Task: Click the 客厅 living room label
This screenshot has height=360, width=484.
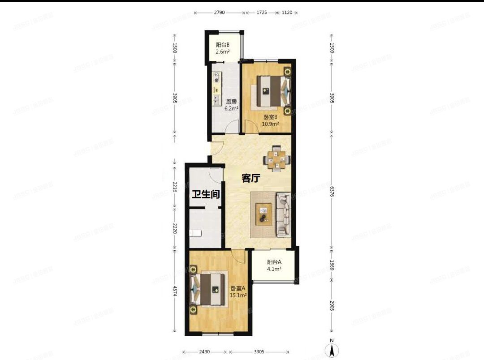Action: [251, 178]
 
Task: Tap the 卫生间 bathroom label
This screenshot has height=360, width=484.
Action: [206, 194]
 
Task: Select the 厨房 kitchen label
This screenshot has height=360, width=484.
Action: [232, 101]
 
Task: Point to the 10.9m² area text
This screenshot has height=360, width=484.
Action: [270, 124]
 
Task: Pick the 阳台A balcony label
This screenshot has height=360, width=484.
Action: [274, 262]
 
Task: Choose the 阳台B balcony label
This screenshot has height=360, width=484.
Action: [223, 45]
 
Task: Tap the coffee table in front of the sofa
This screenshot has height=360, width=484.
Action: [263, 214]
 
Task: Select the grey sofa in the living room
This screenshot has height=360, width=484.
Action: [284, 214]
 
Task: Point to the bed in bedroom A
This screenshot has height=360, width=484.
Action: [209, 289]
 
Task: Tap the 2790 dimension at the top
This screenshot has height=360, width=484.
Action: [219, 13]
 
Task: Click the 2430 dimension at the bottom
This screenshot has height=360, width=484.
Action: [205, 351]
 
